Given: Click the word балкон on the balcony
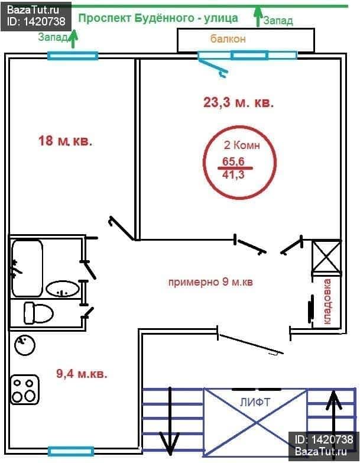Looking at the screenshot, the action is tap(228, 39).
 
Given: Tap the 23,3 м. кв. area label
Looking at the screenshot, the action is tap(238, 103).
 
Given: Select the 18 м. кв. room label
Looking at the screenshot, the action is tap(65, 141).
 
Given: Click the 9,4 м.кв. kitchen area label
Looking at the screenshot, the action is tap(82, 374).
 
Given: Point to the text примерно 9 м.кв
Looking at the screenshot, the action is tap(210, 282).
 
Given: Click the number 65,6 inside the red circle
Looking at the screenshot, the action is tap(233, 161).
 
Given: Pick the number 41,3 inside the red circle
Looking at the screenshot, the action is tap(233, 175).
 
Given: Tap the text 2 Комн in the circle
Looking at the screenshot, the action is tap(242, 145).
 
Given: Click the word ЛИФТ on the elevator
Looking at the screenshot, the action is tap(255, 402).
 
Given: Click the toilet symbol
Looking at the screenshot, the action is tap(38, 313).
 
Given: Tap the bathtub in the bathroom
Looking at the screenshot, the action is tap(27, 268).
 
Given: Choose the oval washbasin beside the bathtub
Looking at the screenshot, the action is tap(63, 289).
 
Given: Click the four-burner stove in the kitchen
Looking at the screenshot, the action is tap(25, 390).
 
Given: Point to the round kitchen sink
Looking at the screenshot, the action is tap(25, 345).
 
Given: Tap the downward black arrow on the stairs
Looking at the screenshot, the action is tap(170, 422).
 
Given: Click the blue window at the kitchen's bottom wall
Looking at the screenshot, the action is tap(71, 451).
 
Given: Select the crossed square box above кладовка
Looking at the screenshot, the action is tap(326, 256).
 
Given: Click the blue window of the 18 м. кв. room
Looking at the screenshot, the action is tap(73, 56).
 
